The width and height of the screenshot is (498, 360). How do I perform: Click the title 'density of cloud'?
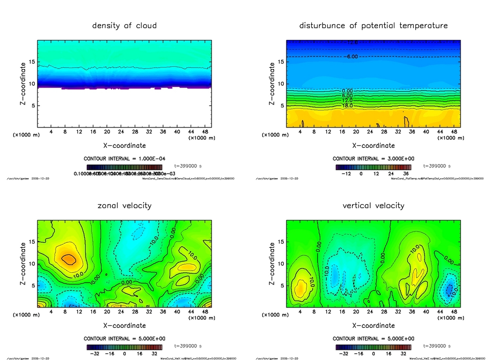coord(124,25)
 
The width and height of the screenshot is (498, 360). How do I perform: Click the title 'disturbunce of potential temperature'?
coord(373,25)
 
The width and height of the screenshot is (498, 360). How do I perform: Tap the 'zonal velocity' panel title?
coord(124,205)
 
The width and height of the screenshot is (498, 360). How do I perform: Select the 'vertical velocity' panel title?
coord(373,205)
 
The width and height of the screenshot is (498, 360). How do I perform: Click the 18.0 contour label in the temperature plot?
coord(347,106)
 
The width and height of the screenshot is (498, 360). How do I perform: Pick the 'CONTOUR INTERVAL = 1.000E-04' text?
coord(124,159)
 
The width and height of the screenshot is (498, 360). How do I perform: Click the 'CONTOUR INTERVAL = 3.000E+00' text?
coord(373,159)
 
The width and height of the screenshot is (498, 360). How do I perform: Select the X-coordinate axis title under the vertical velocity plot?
coord(373,325)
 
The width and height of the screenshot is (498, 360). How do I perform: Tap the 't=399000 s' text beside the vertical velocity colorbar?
coord(437,346)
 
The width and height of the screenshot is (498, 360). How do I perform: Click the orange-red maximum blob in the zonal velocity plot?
coord(70,259)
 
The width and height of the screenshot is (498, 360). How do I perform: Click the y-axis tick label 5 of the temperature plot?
coord(281,106)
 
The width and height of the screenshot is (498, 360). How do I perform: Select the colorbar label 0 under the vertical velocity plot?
coord(373,354)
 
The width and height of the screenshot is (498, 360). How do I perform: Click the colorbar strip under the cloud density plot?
coord(124,167)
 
